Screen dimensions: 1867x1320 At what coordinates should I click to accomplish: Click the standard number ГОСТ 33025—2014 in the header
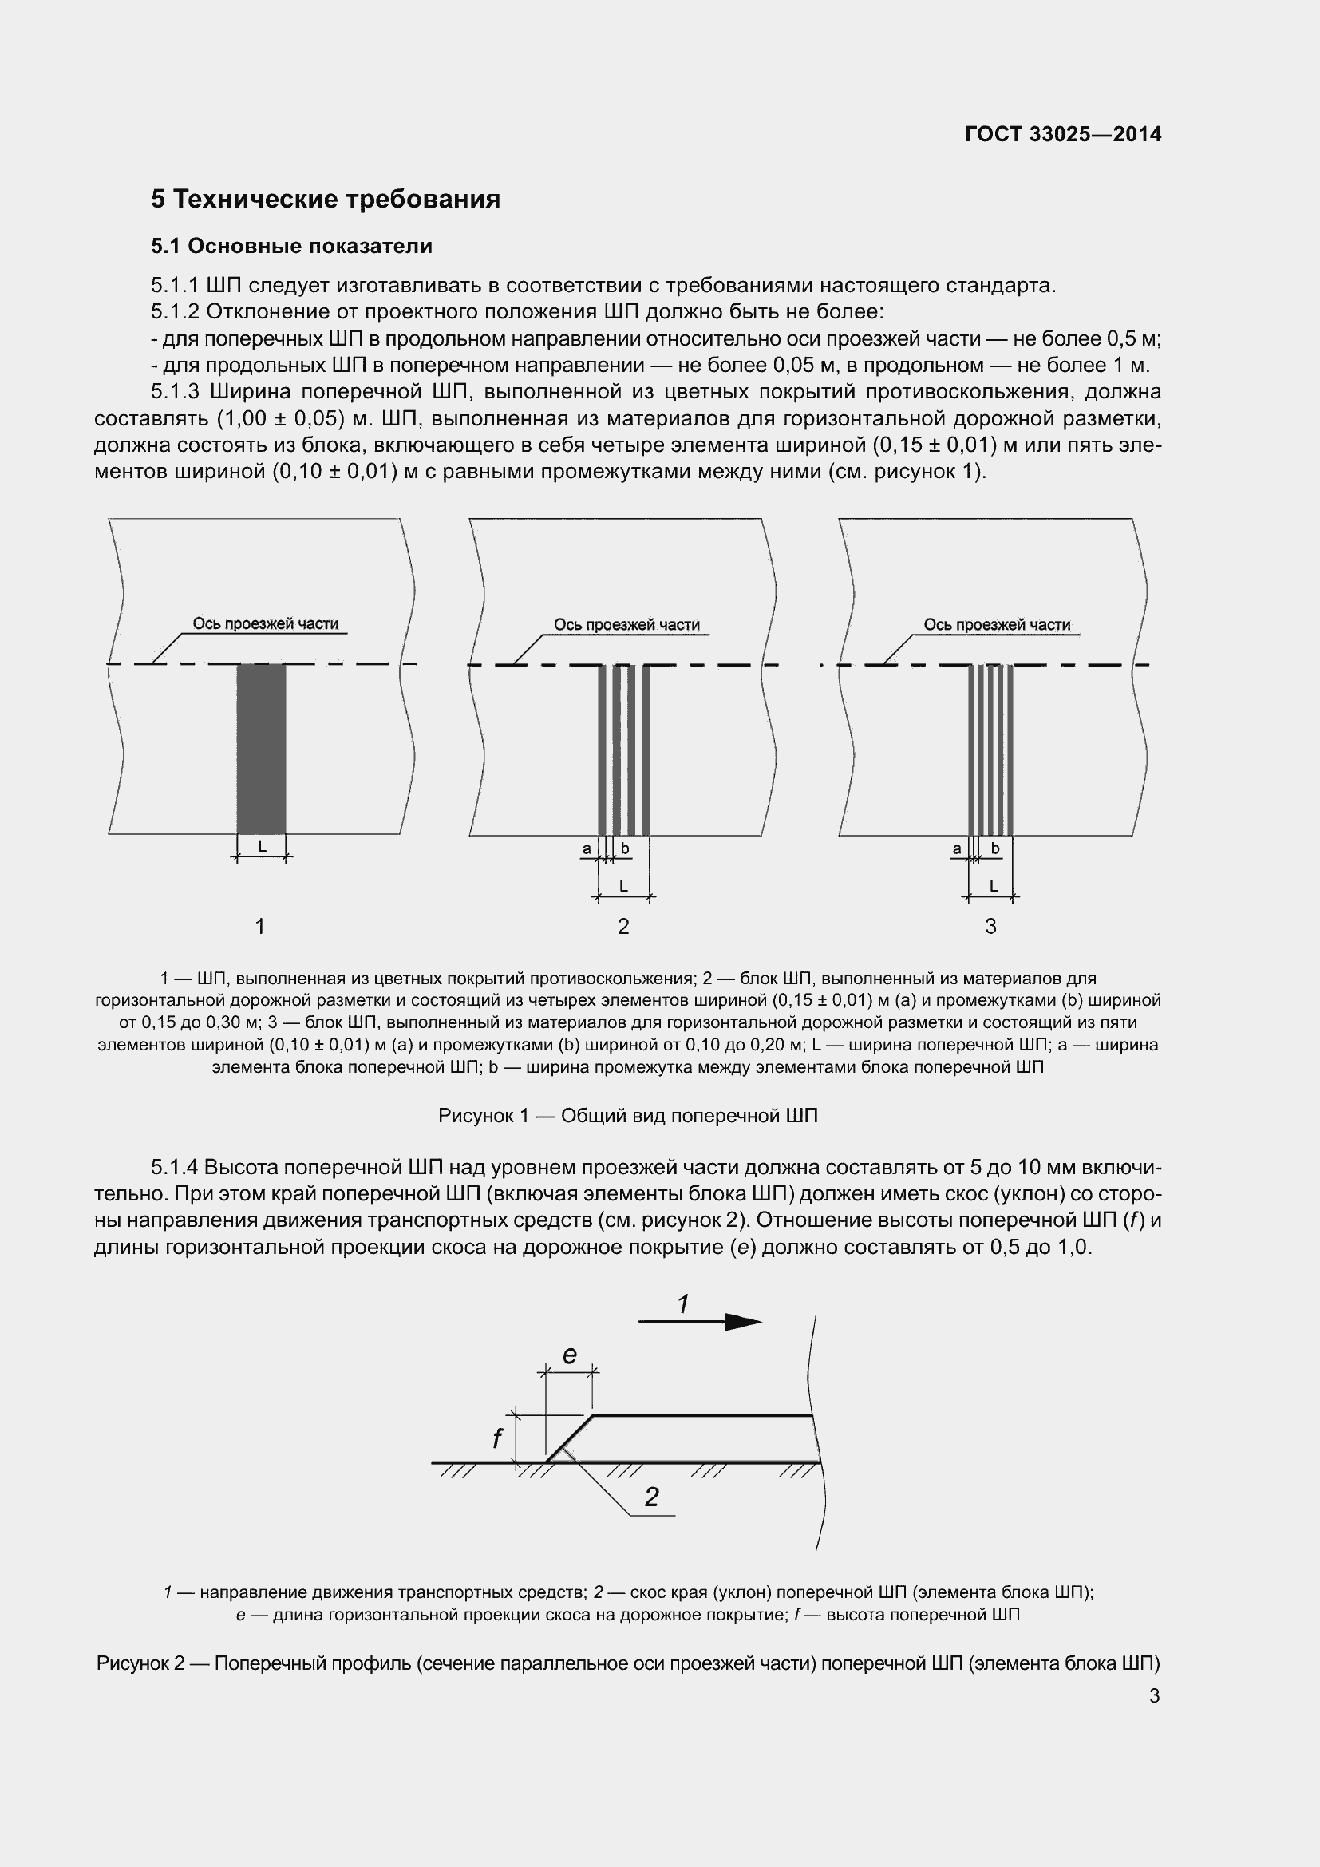point(1063,134)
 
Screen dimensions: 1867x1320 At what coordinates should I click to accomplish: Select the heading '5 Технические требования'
point(325,200)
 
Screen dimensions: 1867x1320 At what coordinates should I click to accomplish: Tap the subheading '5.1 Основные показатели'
point(291,246)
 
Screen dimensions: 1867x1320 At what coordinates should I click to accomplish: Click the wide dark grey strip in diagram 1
point(261,748)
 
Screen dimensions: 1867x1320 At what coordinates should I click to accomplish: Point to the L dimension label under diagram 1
point(262,846)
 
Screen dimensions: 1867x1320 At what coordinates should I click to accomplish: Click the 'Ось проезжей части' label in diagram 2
point(626,624)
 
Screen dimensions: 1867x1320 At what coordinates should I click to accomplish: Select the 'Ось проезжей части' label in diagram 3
point(997,624)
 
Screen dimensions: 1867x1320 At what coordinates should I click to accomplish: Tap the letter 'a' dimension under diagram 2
point(586,849)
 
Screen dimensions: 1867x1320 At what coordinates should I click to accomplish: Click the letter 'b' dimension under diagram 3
point(995,849)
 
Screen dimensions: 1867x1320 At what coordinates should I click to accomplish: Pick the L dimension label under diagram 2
point(623,886)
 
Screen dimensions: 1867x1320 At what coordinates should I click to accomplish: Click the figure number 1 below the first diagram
point(260,926)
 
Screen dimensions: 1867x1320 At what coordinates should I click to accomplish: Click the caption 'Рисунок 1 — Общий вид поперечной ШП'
point(627,1116)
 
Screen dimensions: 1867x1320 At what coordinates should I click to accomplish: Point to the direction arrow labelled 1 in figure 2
point(699,1322)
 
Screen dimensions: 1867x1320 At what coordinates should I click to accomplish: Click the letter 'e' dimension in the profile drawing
point(570,1355)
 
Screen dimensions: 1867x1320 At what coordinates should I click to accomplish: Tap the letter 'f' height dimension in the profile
point(497,1438)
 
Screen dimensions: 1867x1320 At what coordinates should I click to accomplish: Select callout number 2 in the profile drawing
point(651,1497)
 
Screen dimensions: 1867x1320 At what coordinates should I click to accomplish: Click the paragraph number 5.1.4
point(174,1168)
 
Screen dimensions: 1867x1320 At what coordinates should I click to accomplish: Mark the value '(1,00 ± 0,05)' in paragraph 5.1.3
point(276,419)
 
